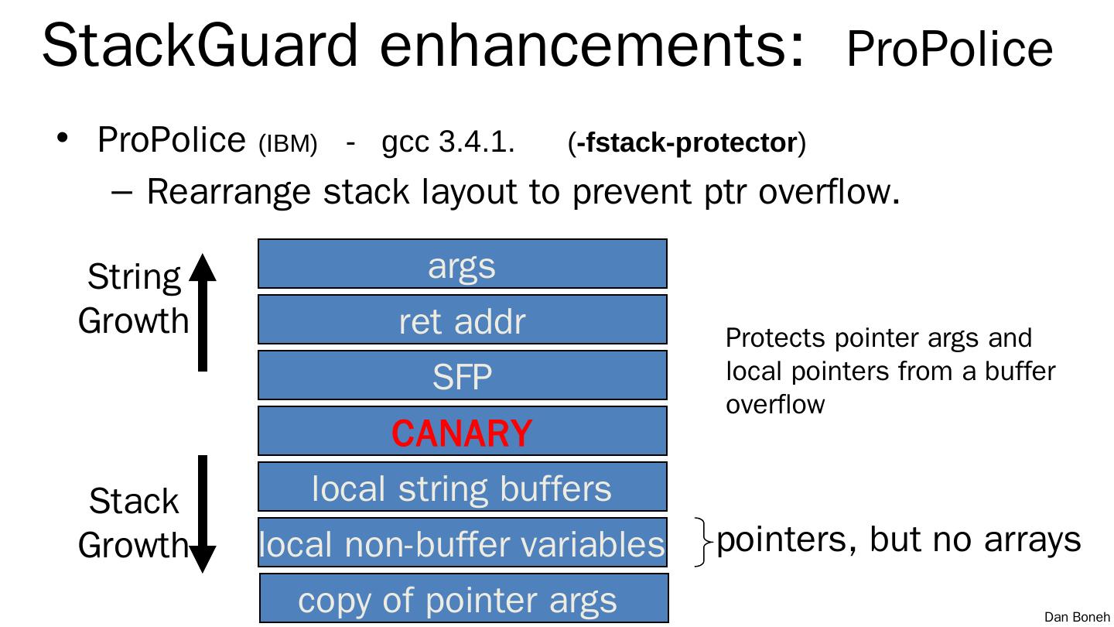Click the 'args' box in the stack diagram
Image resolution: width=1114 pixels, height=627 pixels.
(462, 264)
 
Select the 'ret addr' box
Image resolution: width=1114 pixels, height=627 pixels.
(462, 320)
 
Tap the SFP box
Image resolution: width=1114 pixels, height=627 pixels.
(462, 375)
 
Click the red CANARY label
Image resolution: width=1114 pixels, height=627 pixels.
(462, 432)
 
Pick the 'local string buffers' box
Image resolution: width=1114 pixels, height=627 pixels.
(462, 488)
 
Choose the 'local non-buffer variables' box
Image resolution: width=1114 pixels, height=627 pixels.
(462, 543)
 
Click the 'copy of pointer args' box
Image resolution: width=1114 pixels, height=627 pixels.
(462, 599)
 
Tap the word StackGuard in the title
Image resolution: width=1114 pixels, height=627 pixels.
(200, 46)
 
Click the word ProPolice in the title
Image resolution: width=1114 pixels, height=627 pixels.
(949, 50)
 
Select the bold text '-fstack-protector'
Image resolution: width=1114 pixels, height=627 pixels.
(686, 143)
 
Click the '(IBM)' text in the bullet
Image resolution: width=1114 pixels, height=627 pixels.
(288, 145)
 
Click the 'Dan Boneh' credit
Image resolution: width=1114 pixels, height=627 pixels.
(1077, 617)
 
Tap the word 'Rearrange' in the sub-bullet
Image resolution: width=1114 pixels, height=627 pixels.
(230, 191)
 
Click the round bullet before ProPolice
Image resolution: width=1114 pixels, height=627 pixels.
(63, 139)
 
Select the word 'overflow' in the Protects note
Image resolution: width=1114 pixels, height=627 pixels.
(775, 404)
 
